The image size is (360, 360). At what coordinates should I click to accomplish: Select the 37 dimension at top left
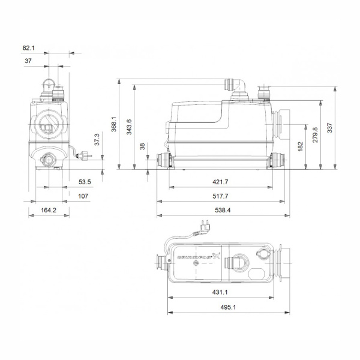pos(28,61)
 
